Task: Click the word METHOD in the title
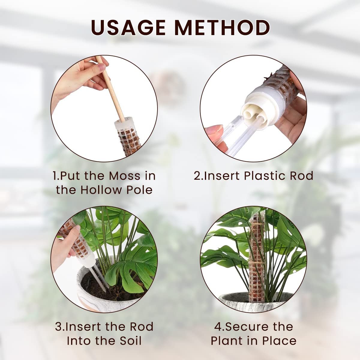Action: tap(222, 27)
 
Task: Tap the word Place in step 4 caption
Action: tap(279, 341)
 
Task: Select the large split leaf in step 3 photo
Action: tap(132, 264)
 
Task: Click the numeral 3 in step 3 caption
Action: tap(58, 326)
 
